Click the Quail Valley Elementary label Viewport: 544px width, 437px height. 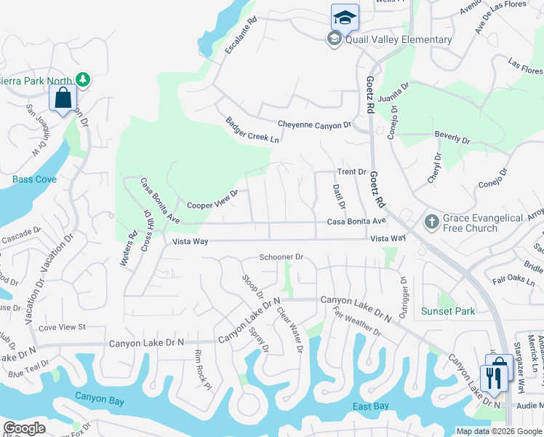[399, 39]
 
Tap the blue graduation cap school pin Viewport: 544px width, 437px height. [345, 17]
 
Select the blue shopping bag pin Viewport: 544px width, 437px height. [63, 98]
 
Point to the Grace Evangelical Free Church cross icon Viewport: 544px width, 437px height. [431, 222]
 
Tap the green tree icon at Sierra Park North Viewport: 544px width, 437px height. [83, 79]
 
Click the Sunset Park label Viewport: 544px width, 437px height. [448, 311]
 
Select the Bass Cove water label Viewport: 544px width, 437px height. [34, 179]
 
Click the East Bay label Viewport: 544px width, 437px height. [371, 406]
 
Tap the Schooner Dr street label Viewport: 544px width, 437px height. [281, 258]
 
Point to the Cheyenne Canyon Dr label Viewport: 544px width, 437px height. [314, 125]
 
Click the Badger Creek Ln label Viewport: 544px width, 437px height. [252, 130]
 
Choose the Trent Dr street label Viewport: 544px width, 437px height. [351, 172]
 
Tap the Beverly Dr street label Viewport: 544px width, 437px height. [452, 137]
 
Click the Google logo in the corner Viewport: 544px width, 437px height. [24, 429]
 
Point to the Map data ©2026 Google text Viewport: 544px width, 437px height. [497, 431]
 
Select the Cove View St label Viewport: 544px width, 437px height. [62, 328]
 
